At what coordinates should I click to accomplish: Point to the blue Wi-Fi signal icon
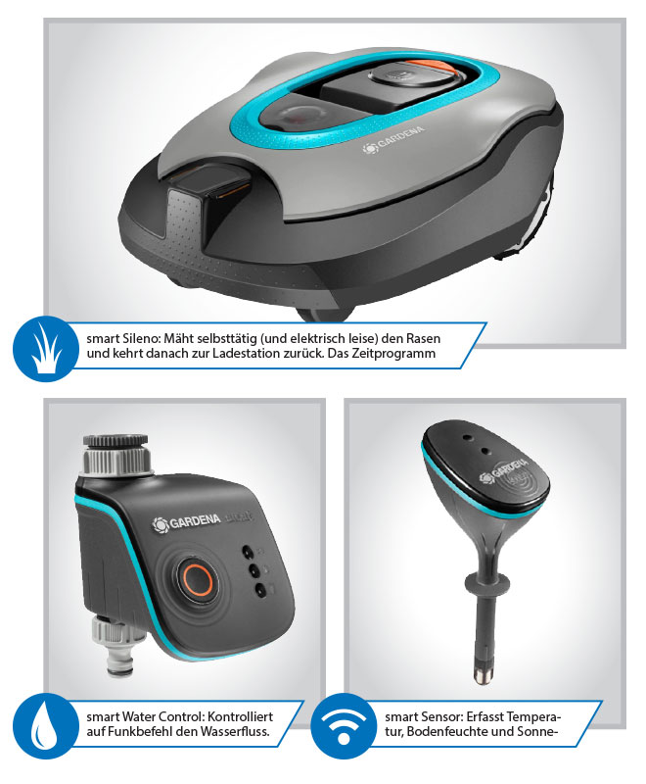(x=344, y=725)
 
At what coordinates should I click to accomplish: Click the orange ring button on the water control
(x=197, y=580)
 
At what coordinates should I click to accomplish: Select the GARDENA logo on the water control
(x=186, y=522)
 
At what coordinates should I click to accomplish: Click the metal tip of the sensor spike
(x=483, y=674)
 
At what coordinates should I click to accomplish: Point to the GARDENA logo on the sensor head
(x=504, y=470)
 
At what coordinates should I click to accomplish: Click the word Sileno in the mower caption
(x=141, y=338)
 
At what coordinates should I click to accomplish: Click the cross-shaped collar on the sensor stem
(x=487, y=582)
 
